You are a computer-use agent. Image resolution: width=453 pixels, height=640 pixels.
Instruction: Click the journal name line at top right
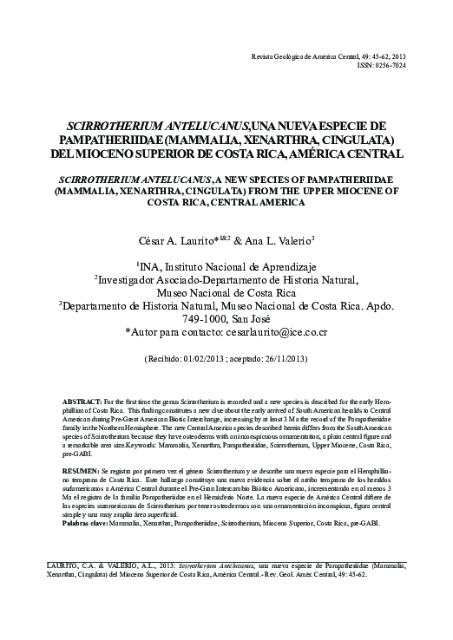[328, 56]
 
